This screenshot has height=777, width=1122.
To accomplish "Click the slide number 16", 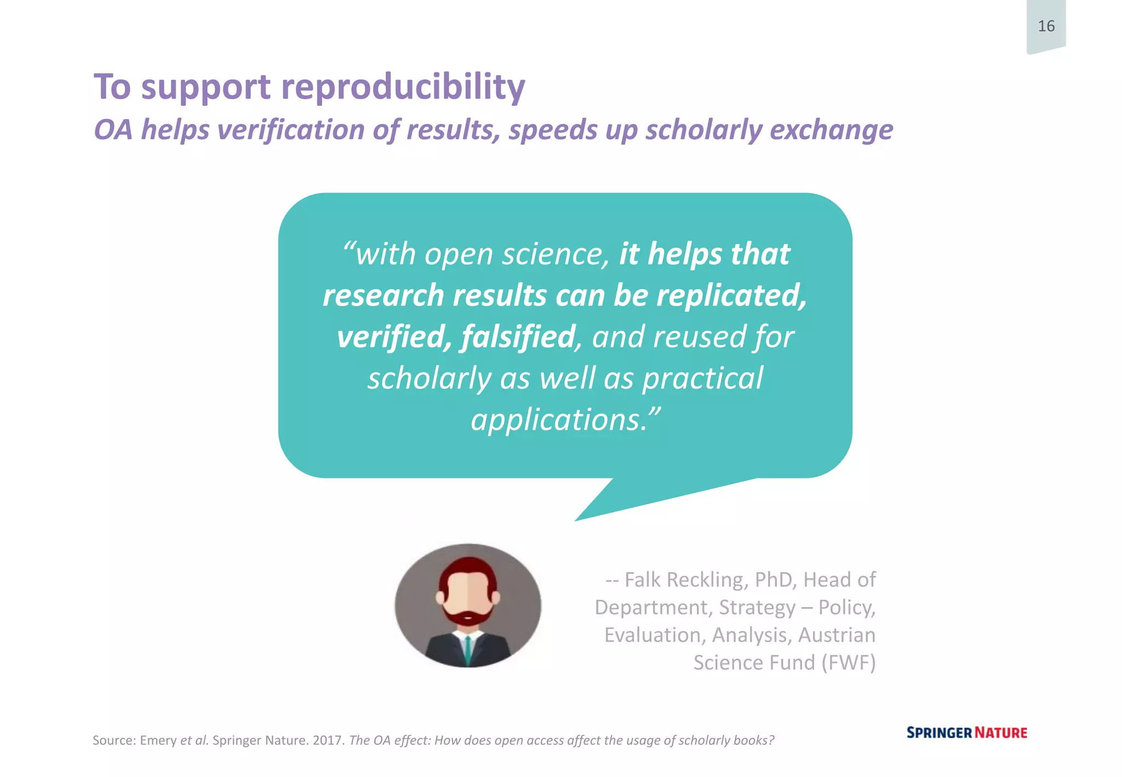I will click(x=1046, y=26).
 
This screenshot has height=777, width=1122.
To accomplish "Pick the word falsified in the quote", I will click(x=518, y=336).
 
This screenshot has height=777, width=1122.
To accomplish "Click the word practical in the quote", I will click(x=702, y=378).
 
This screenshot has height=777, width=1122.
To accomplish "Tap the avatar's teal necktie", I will click(x=468, y=649).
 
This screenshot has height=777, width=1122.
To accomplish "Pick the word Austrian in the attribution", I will click(x=837, y=635).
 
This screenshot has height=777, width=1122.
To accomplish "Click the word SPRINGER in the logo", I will click(x=938, y=733).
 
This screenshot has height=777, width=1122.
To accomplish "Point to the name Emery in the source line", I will click(x=158, y=740).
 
